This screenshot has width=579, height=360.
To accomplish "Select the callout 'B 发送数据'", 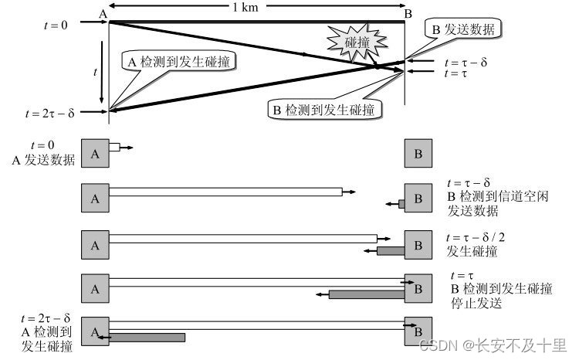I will pyautogui.click(x=461, y=29).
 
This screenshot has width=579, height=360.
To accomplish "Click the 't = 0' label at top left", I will pyautogui.click(x=55, y=25).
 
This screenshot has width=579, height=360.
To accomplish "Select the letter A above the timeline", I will pyautogui.click(x=103, y=13).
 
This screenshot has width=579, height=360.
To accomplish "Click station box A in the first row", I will pyautogui.click(x=95, y=153).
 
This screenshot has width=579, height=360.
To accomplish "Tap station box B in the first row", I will pyautogui.click(x=418, y=153).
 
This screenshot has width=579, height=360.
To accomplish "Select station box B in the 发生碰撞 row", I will pyautogui.click(x=418, y=245).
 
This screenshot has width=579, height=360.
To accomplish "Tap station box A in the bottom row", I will pyautogui.click(x=95, y=331).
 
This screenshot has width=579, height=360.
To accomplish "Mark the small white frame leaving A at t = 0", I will pyautogui.click(x=114, y=147).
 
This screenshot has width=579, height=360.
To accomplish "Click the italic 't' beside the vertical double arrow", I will pyautogui.click(x=94, y=71).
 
